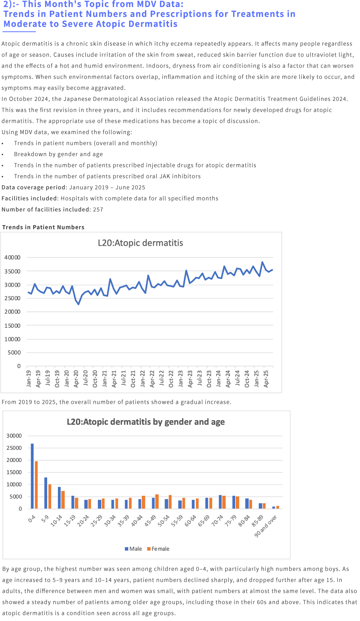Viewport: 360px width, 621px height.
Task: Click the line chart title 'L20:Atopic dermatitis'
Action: point(140,243)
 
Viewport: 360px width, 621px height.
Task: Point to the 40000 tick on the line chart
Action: point(12,257)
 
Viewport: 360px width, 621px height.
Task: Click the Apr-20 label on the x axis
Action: point(76,378)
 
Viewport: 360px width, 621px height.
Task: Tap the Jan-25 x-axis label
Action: point(256,378)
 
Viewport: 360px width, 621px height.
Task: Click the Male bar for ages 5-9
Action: point(46,493)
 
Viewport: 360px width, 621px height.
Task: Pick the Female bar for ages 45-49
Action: point(157,501)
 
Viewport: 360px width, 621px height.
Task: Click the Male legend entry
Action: point(134,549)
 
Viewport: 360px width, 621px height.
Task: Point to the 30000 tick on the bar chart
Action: point(14,436)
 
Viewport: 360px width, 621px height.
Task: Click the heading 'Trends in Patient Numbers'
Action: point(43,227)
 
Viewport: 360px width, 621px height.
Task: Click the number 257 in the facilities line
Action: point(98,210)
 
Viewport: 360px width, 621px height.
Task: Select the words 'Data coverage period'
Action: point(34,187)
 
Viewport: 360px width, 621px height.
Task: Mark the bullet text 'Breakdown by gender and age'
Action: point(58,154)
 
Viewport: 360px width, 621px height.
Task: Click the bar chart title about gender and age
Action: point(146,422)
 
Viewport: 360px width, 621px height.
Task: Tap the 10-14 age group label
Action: point(56,521)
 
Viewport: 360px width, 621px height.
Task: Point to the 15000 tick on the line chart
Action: point(12,325)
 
